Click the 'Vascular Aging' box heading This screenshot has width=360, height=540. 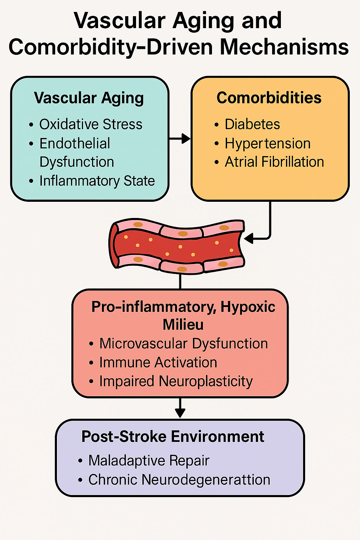89,98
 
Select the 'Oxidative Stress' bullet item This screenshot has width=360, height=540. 91,124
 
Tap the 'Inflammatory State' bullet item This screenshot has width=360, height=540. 97,181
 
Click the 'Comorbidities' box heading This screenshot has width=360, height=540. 269,98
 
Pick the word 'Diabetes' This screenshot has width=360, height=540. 252,124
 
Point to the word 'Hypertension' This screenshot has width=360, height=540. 268,143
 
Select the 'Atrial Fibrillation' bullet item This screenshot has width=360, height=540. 274,162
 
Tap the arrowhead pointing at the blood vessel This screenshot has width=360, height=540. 249,239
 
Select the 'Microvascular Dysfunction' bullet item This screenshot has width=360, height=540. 184,343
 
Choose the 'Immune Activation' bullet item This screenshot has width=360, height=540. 158,362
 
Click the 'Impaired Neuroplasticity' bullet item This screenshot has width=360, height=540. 176,381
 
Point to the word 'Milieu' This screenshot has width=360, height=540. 183,324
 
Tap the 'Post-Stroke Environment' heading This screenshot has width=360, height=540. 173,437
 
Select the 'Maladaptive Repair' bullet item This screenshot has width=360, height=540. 149,461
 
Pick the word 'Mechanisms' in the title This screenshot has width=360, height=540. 284,47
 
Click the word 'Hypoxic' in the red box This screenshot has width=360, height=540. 248,307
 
